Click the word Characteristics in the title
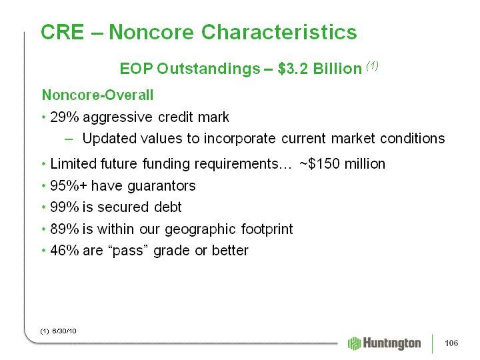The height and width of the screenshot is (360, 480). click(x=279, y=32)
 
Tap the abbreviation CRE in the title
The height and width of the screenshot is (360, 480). click(x=63, y=32)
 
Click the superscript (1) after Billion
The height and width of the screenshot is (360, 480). click(x=373, y=66)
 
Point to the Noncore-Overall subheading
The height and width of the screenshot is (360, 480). click(x=97, y=95)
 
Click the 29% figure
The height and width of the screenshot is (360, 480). click(x=64, y=117)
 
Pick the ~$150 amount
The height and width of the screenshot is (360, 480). click(x=319, y=164)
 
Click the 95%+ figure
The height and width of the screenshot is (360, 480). click(x=69, y=186)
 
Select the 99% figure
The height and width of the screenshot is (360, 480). click(x=64, y=207)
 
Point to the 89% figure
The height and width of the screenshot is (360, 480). click(x=64, y=229)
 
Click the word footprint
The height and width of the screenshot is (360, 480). click(x=267, y=229)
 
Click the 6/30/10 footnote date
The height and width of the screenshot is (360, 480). click(x=64, y=331)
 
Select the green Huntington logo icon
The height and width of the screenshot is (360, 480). click(x=355, y=343)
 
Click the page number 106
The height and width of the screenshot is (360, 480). click(x=451, y=343)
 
